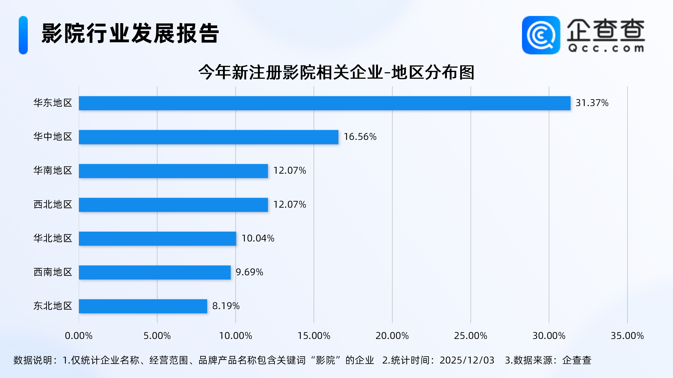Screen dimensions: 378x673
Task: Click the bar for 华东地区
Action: pyautogui.click(x=325, y=103)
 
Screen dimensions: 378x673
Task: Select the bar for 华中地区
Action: pyautogui.click(x=208, y=137)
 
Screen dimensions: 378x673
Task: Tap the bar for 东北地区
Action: pyautogui.click(x=143, y=306)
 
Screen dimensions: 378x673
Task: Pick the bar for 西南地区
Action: pyautogui.click(x=155, y=272)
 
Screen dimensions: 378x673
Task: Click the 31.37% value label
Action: pyautogui.click(x=592, y=103)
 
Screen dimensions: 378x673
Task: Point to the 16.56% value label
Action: pyautogui.click(x=360, y=137)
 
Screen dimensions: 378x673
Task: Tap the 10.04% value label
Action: pyautogui.click(x=258, y=238)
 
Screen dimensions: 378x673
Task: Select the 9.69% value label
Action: pyautogui.click(x=249, y=272)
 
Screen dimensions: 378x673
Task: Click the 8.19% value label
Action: pyautogui.click(x=226, y=306)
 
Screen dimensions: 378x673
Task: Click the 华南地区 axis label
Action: pyautogui.click(x=53, y=171)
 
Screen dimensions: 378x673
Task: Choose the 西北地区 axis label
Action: pyautogui.click(x=53, y=205)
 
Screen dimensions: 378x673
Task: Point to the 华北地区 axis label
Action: pyautogui.click(x=53, y=238)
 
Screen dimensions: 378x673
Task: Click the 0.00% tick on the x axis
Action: pyautogui.click(x=79, y=336)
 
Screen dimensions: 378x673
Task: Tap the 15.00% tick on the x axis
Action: pyautogui.click(x=314, y=336)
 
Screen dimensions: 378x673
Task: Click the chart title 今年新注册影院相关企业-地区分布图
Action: pyautogui.click(x=336, y=72)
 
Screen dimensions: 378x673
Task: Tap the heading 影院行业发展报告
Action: pyautogui.click(x=130, y=33)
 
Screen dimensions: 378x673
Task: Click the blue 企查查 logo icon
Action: pyautogui.click(x=541, y=35)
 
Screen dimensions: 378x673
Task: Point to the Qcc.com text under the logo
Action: pyautogui.click(x=606, y=48)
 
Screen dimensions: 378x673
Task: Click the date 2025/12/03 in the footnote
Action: pyautogui.click(x=467, y=360)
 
